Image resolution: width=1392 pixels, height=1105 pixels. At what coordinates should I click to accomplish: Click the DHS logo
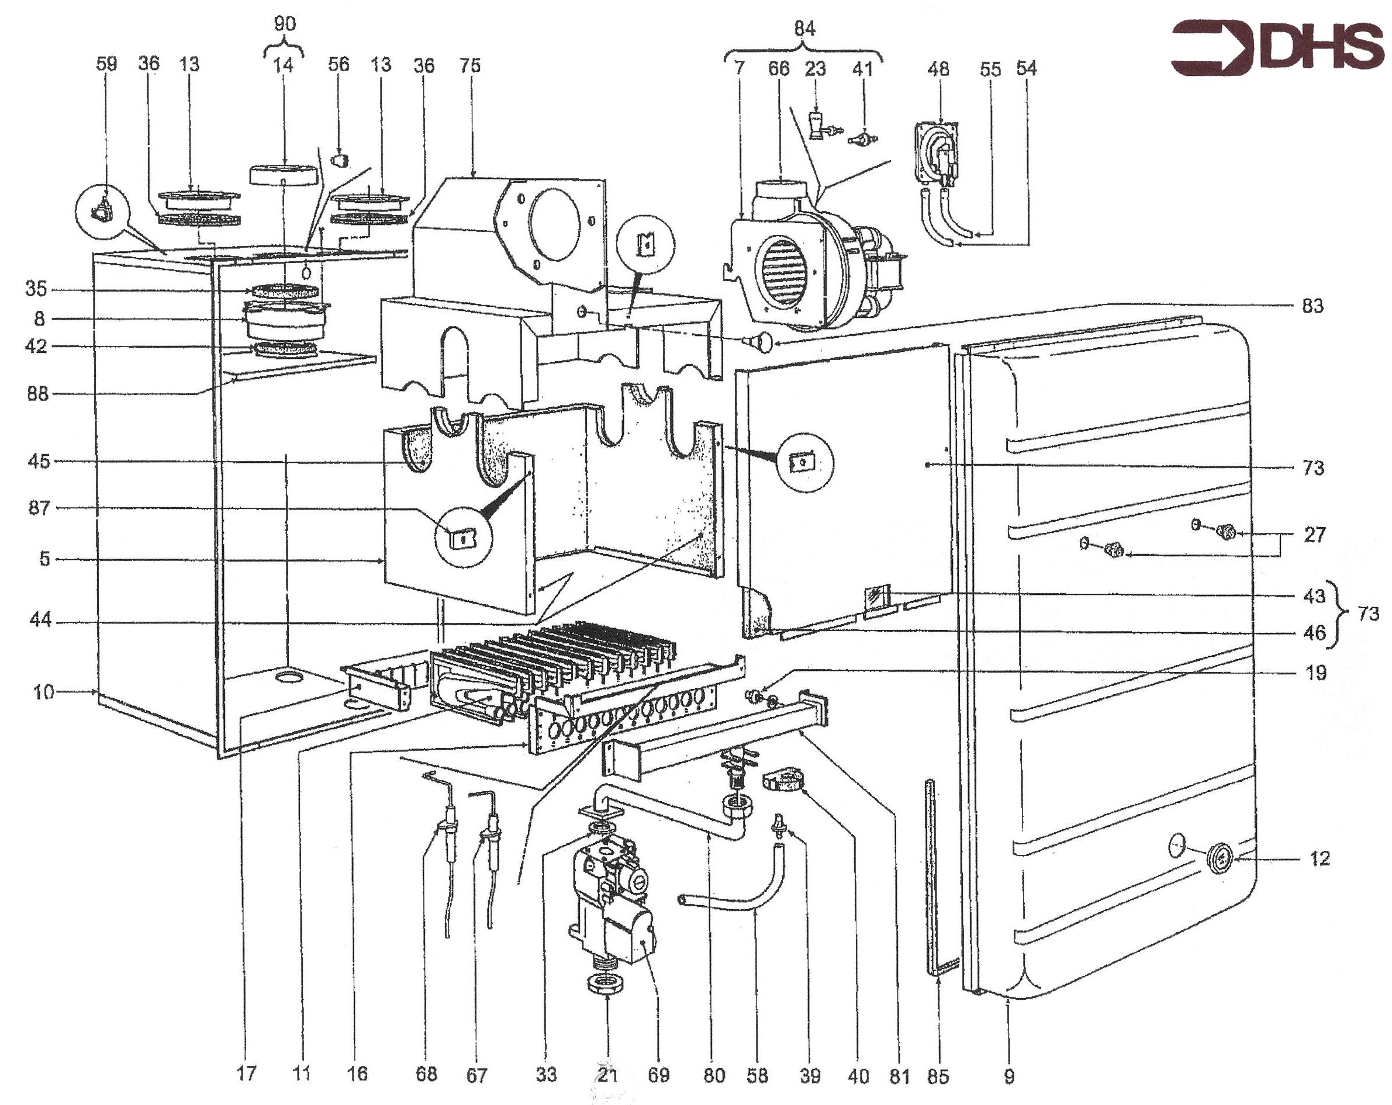[x=1277, y=48]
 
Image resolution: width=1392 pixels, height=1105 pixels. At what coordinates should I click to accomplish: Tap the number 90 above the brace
[x=285, y=24]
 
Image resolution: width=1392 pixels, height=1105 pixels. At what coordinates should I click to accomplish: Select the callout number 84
[x=804, y=29]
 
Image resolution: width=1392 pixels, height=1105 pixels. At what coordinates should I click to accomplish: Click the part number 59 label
[x=106, y=64]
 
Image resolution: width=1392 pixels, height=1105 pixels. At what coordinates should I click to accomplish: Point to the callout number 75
[x=470, y=65]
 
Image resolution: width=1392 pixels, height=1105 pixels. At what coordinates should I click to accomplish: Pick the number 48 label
[x=938, y=69]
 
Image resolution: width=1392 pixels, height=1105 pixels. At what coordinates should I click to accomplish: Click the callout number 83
[x=1312, y=306]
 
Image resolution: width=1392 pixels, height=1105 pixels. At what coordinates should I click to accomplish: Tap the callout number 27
[x=1314, y=535]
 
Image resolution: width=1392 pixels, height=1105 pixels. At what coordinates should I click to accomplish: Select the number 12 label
[x=1320, y=858]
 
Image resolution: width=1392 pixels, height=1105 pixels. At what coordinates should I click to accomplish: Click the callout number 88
[x=37, y=394]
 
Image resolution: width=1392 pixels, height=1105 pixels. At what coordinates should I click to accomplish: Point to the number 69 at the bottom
[x=658, y=1075]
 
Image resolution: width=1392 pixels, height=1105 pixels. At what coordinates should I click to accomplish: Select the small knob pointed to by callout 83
[x=759, y=341]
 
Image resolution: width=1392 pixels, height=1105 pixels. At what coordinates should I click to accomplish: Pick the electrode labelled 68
[x=445, y=852]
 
